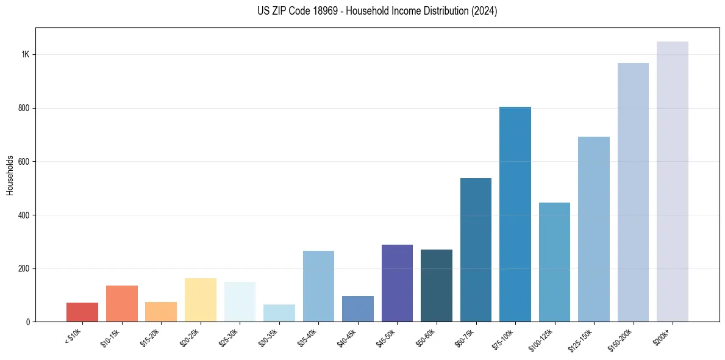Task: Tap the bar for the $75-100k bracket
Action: tap(515, 214)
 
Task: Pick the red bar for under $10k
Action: tap(82, 312)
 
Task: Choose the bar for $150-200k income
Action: tap(633, 192)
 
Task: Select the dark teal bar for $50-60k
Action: tap(437, 286)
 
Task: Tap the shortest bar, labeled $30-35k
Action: tap(279, 313)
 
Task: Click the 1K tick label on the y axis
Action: tap(25, 54)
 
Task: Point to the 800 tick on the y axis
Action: tap(24, 108)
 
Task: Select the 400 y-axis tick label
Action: tap(24, 215)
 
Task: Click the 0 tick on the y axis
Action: tap(27, 322)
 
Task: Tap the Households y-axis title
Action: tap(10, 175)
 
